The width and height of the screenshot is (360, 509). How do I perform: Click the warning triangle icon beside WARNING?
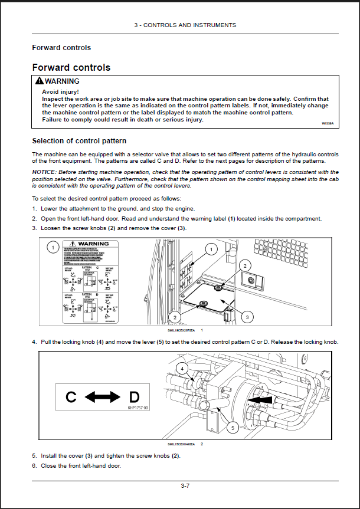pyautogui.click(x=39, y=81)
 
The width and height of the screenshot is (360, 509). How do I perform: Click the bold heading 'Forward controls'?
pyautogui.click(x=71, y=67)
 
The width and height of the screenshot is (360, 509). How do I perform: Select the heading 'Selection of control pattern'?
pyautogui.click(x=78, y=141)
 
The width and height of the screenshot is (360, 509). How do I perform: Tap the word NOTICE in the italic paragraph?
pyautogui.click(x=44, y=171)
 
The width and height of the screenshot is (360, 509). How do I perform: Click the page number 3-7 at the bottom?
pyautogui.click(x=185, y=486)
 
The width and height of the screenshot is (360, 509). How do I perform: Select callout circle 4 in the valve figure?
pyautogui.click(x=182, y=369)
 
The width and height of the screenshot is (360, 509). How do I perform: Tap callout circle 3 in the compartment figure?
pyautogui.click(x=247, y=317)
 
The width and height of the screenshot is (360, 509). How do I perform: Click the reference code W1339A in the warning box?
pyautogui.click(x=328, y=124)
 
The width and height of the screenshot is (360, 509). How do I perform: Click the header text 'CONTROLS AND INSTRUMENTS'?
pyautogui.click(x=189, y=25)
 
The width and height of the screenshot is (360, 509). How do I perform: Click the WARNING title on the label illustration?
pyautogui.click(x=93, y=244)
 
